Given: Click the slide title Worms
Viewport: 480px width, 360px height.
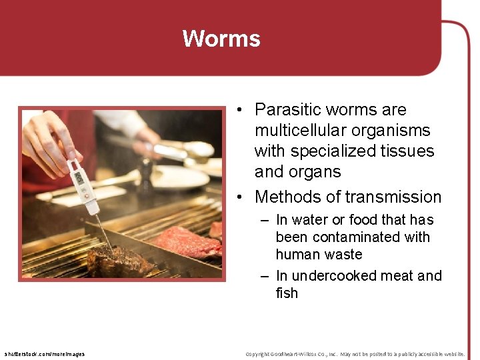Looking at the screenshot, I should [x=221, y=39].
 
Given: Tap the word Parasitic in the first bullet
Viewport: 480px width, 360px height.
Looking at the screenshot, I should [x=285, y=109].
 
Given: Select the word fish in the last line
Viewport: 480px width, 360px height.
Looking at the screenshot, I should [x=287, y=293].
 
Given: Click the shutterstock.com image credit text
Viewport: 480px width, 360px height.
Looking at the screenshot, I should [x=44, y=354].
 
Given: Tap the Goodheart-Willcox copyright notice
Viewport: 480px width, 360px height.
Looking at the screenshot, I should [x=355, y=354].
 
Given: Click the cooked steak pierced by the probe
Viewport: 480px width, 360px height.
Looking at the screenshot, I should [x=120, y=261].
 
